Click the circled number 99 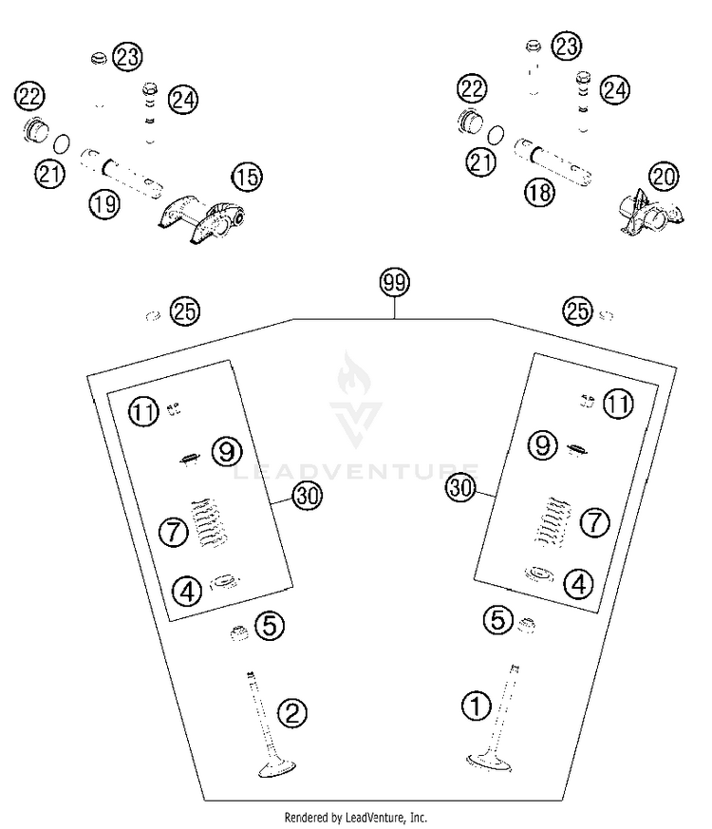click(x=394, y=283)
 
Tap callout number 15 click(x=247, y=177)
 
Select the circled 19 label click(x=104, y=203)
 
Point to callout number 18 click(x=539, y=192)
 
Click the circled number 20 click(x=665, y=176)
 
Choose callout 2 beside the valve click(x=292, y=712)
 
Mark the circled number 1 click(x=477, y=706)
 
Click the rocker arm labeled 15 click(x=201, y=218)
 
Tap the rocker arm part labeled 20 click(x=649, y=213)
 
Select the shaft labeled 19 click(x=122, y=173)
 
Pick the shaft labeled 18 click(x=553, y=160)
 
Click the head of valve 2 click(x=276, y=768)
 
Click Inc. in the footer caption click(x=419, y=818)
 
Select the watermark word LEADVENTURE click(x=355, y=471)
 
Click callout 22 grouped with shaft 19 click(x=29, y=96)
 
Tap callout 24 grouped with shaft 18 click(x=615, y=90)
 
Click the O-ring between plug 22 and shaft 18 click(x=496, y=135)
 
